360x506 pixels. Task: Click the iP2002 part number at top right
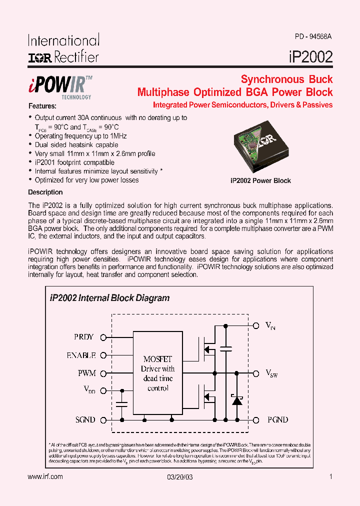tap(310, 56)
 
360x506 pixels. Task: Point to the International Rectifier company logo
tap(63, 48)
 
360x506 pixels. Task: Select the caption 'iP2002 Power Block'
tap(260, 180)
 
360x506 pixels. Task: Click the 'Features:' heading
tap(42, 106)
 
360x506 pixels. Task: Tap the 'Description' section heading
tap(45, 192)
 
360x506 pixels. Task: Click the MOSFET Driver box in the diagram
tap(157, 372)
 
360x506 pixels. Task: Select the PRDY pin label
tap(83, 337)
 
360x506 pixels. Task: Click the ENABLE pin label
tap(81, 355)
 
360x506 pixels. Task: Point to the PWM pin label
tap(86, 373)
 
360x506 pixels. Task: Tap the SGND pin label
tap(85, 419)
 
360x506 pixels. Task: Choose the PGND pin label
tap(277, 419)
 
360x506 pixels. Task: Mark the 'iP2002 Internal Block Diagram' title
tap(109, 298)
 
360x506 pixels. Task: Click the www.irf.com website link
tap(45, 476)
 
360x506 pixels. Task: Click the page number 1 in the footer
tap(330, 476)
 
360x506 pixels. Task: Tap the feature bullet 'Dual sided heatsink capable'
tap(76, 144)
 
